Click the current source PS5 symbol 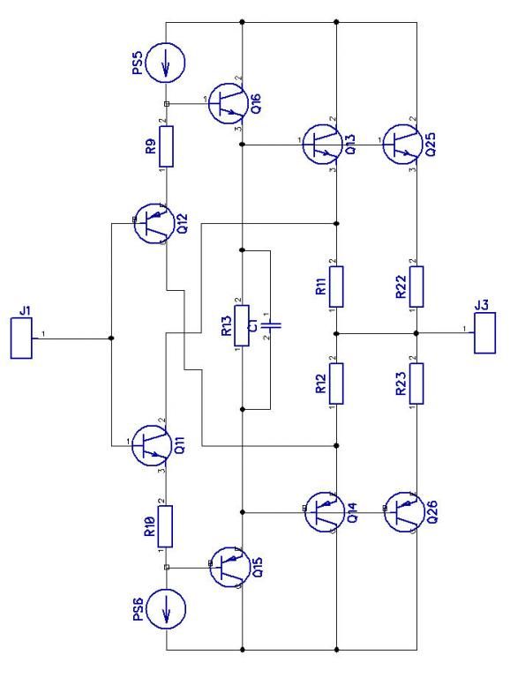click(165, 63)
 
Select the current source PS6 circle click(166, 608)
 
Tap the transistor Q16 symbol click(228, 104)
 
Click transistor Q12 click(153, 224)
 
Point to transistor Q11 click(151, 445)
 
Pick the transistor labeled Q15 click(229, 567)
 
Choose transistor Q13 click(322, 145)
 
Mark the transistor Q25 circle click(402, 145)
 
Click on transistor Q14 click(324, 512)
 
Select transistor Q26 click(404, 512)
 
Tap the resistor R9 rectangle click(167, 146)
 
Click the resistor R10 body click(166, 526)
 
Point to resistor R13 click(242, 325)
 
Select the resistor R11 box click(336, 286)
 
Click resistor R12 click(336, 383)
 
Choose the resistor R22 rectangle click(416, 286)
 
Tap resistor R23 click(416, 383)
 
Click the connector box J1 click(21, 338)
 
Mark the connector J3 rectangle click(484, 333)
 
